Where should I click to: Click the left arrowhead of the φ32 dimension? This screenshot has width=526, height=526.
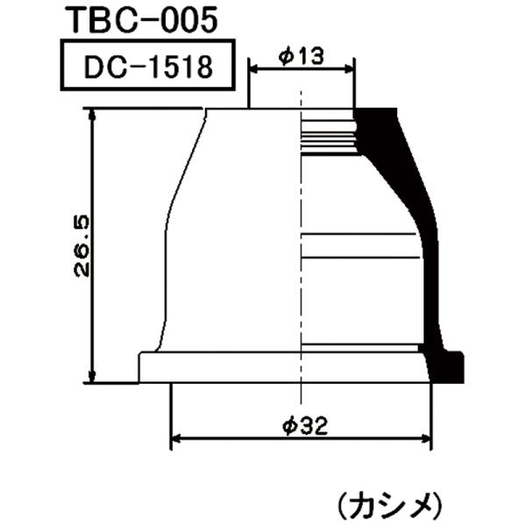[x=174, y=437]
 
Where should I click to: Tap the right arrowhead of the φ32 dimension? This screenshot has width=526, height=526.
[x=427, y=437]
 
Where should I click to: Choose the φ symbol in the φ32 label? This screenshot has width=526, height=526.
[x=287, y=426]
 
